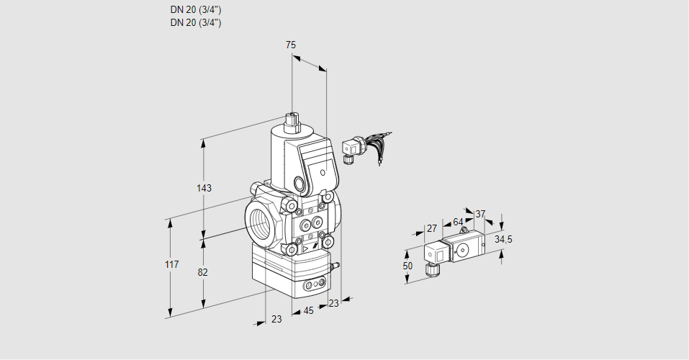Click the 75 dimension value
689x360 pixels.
tap(291, 45)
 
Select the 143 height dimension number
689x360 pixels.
tap(204, 189)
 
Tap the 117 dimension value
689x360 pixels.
tap(171, 266)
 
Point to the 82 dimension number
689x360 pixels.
tap(203, 272)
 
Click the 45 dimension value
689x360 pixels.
tap(308, 311)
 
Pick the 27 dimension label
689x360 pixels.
tap(432, 228)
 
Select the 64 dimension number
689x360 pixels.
tap(458, 222)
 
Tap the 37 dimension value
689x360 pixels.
tap(481, 214)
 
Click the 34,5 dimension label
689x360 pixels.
tap(504, 239)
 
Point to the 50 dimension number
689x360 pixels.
tap(407, 266)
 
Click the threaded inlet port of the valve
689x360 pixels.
tap(259, 219)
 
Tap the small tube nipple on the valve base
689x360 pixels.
tap(333, 266)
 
